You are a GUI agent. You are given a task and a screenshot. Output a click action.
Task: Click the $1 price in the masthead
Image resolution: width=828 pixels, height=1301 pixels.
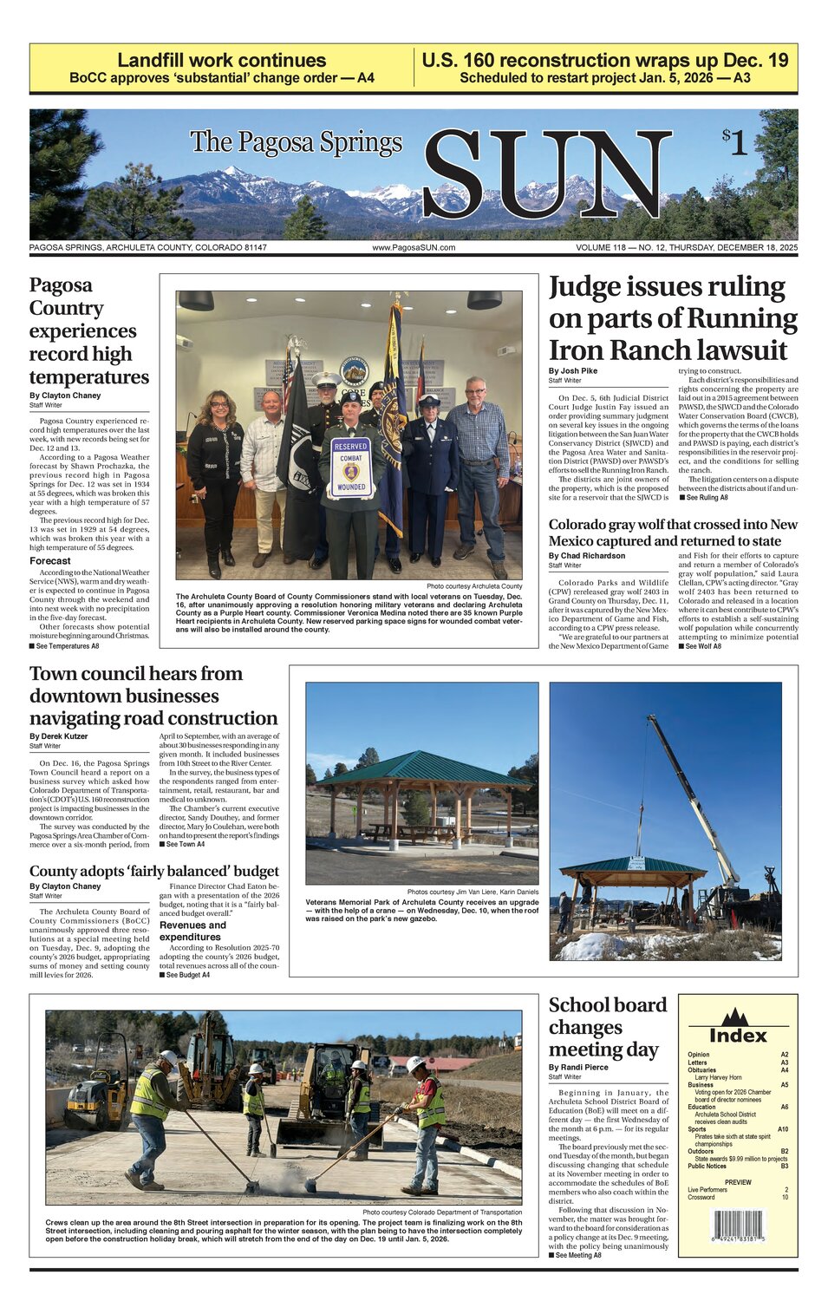click(x=734, y=141)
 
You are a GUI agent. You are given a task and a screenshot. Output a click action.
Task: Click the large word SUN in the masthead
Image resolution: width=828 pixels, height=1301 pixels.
click(x=546, y=176)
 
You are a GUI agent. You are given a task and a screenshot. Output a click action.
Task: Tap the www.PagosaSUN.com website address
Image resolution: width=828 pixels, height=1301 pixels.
click(x=414, y=247)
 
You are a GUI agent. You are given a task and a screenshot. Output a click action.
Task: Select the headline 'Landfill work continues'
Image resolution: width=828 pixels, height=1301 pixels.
click(x=222, y=60)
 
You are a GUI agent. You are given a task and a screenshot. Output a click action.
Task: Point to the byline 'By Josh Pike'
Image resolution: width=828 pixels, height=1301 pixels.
click(x=572, y=371)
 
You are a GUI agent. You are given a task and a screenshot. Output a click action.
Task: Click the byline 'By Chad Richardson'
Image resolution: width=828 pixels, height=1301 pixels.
click(x=586, y=556)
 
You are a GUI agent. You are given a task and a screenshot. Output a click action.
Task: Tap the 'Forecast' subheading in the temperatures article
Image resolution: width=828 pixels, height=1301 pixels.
click(x=50, y=560)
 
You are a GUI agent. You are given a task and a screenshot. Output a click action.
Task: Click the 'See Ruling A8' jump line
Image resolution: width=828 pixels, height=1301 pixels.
click(x=704, y=498)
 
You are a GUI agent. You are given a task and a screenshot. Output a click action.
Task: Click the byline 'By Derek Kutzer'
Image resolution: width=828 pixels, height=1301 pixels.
click(x=59, y=736)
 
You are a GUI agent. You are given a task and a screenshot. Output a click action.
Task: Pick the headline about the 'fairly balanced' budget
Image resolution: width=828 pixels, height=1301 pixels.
click(x=154, y=871)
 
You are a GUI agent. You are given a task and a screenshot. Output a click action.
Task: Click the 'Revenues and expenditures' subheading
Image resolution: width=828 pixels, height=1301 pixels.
click(x=192, y=931)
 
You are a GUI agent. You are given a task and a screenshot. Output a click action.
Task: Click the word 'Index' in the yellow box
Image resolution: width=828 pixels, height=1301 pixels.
click(x=738, y=1035)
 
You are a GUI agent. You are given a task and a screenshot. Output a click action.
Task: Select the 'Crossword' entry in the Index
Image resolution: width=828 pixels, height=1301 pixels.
click(x=701, y=1197)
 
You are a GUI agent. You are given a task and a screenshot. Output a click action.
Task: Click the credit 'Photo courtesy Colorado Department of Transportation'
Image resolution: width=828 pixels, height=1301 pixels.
click(x=442, y=1212)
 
